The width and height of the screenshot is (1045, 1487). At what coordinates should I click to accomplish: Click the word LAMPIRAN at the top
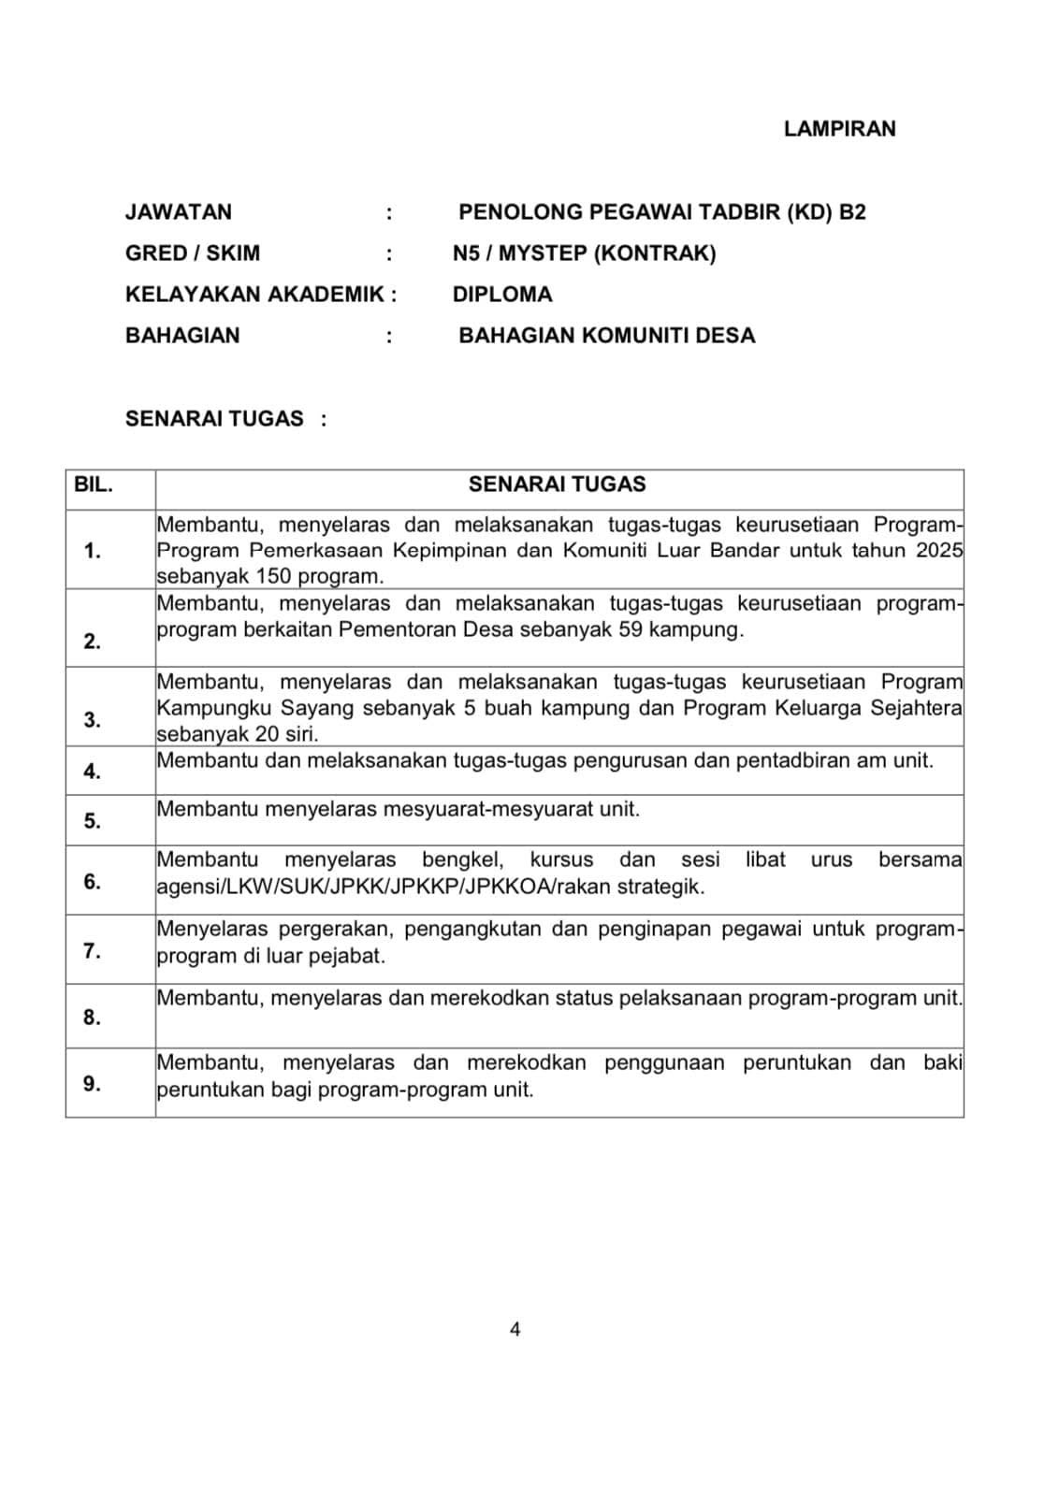point(839,129)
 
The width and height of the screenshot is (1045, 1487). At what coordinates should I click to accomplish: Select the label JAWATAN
point(179,212)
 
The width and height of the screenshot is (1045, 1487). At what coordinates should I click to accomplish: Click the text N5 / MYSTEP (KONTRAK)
point(584,253)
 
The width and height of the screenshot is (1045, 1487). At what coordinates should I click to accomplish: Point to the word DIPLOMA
point(502,295)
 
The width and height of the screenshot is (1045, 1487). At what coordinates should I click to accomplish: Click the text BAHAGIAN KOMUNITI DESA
point(606,336)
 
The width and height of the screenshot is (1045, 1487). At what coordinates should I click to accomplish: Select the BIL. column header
point(93,485)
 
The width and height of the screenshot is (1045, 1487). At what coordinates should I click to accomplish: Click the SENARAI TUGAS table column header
point(557,484)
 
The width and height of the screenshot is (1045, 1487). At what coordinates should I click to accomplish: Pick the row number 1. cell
point(92,551)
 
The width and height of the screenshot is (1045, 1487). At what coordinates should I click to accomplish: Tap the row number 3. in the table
point(92,720)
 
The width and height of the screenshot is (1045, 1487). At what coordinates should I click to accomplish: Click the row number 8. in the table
point(92,1018)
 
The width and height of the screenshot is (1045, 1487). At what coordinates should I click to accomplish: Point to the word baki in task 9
point(942,1062)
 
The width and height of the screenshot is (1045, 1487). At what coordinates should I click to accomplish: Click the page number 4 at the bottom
point(515,1329)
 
